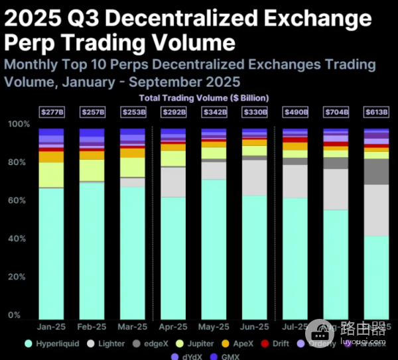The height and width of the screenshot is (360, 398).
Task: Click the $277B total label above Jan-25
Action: pos(51,113)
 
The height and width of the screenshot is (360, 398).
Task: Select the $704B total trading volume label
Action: pos(335,113)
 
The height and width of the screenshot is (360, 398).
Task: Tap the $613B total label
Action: pos(375,113)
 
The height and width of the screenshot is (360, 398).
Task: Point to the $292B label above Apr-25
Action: pos(173,113)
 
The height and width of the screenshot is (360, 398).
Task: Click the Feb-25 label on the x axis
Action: pos(92,327)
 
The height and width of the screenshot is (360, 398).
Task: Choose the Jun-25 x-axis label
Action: pos(254,327)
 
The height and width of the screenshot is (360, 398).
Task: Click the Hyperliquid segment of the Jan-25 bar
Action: pos(51,252)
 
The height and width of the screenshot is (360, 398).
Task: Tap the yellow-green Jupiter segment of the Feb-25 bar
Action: pos(92,170)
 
